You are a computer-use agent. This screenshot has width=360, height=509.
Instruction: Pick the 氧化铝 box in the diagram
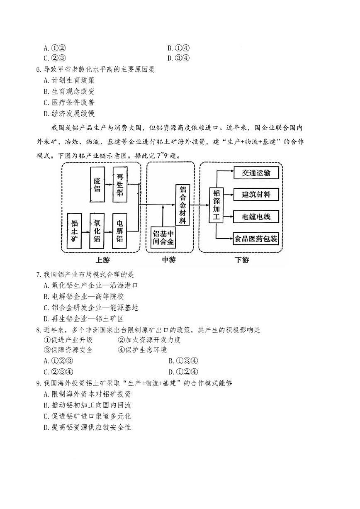click(x=97, y=230)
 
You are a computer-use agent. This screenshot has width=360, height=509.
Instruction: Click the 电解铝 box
click(x=119, y=230)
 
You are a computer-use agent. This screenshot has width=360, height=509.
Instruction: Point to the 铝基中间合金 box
click(x=163, y=237)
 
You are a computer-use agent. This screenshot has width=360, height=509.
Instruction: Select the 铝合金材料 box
click(x=182, y=205)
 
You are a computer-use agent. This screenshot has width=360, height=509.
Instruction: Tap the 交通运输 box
click(x=256, y=173)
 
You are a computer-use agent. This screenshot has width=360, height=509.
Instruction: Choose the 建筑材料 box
click(x=256, y=194)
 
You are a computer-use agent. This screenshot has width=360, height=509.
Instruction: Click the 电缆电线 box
click(x=256, y=216)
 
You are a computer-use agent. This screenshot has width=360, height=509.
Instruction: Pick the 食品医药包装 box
click(x=256, y=239)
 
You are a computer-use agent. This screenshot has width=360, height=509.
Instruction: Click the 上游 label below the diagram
click(x=102, y=260)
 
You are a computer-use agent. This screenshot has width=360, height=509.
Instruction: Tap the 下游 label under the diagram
click(x=241, y=260)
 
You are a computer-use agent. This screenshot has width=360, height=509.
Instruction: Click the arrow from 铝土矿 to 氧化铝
click(x=85, y=231)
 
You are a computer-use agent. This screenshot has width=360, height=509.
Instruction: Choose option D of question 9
click(x=88, y=427)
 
